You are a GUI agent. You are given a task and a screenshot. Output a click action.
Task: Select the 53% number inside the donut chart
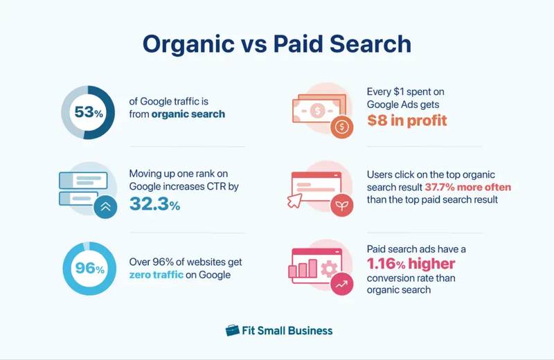click(88, 112)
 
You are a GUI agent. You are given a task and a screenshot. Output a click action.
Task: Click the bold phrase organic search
click(188, 114)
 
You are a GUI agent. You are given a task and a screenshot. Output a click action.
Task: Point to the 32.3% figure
click(155, 204)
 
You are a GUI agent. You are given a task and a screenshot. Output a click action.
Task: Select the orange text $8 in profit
click(407, 120)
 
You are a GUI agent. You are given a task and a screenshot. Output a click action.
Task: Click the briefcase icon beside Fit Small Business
click(233, 330)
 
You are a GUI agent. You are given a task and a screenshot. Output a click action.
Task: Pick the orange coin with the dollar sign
click(341, 128)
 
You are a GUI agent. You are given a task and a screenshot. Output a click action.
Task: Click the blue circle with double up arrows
click(105, 206)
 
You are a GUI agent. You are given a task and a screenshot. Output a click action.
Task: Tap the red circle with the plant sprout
click(341, 206)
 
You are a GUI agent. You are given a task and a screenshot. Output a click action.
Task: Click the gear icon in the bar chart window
click(330, 268)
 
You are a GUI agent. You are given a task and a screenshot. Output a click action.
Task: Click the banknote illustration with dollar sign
click(316, 111)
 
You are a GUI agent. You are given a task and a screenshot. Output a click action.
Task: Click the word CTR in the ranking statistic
click(220, 187)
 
